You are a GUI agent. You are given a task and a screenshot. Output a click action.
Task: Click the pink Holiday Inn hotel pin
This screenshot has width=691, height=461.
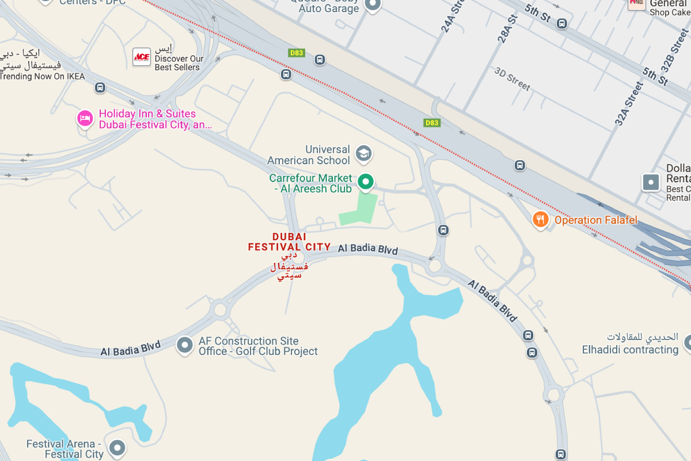pos(85,119)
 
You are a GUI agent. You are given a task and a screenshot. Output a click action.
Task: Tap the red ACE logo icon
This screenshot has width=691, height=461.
pos(141,56)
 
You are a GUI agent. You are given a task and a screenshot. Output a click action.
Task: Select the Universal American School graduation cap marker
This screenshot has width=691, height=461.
pos(363,153)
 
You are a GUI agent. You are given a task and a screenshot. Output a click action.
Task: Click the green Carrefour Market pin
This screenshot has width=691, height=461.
pos(365,182)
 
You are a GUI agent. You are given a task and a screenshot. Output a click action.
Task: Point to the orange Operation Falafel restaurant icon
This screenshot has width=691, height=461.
pos(540,220)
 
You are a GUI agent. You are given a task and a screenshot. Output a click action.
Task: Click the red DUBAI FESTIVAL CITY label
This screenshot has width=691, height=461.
pos(289,242)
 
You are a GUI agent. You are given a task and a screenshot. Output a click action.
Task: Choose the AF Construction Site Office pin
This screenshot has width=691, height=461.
pos(184,345)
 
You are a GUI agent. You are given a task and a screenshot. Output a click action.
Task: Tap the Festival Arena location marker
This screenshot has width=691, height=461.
pos(117,447)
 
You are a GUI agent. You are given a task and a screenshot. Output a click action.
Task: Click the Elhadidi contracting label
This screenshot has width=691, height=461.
pos(630,350)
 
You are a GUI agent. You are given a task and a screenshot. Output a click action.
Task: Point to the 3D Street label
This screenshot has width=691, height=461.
pos(512,78)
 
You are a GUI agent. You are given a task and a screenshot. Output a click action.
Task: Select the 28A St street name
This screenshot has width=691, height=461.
pos(507,27)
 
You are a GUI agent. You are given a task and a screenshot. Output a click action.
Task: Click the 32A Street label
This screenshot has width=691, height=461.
pos(628,104)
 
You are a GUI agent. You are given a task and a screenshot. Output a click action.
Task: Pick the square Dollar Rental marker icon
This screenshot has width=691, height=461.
pos(651,183)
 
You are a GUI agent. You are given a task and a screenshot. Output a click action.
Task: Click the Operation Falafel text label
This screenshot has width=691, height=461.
pos(595,220)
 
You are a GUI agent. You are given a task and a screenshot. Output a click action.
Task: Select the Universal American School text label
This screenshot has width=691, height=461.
pos(309,155)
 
